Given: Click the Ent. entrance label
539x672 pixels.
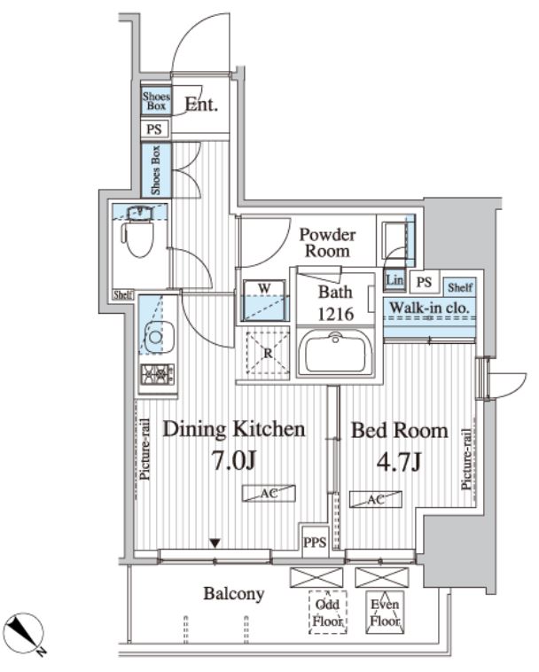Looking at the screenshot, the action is [201, 104].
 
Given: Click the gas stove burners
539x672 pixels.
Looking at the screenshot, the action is [157, 374].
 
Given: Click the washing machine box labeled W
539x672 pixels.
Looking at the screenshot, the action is [264, 300].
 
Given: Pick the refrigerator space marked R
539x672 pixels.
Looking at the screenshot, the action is [268, 353].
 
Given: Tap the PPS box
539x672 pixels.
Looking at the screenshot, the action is [315, 542].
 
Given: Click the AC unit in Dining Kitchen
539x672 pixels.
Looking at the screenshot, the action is [269, 493].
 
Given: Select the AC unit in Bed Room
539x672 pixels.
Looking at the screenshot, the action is [375, 499].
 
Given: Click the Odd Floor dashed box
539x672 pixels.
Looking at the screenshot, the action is [328, 613].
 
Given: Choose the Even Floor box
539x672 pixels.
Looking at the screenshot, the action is [385, 613].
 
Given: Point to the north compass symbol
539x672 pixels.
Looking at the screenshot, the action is [26, 632].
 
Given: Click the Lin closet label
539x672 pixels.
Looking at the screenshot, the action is [394, 279].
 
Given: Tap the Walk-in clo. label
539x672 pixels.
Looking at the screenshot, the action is [429, 308].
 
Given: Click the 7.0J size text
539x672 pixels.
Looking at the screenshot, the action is [234, 461].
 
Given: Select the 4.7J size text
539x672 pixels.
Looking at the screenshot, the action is [399, 462].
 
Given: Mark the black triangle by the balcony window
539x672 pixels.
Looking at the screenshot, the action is [215, 543].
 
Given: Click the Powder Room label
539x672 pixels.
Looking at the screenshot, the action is [327, 243].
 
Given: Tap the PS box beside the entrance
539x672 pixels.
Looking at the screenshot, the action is [154, 129].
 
